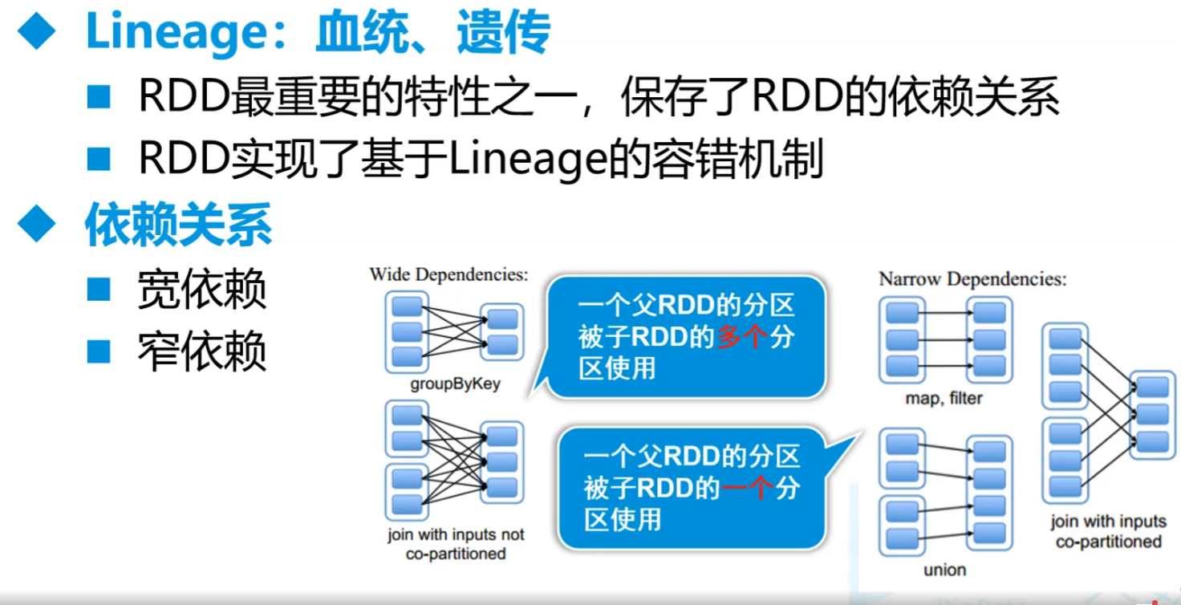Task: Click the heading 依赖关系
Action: (x=178, y=227)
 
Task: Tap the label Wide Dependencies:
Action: (x=448, y=274)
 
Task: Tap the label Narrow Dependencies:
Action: (x=972, y=279)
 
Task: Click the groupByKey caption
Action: (x=455, y=384)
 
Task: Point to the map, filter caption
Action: (x=944, y=398)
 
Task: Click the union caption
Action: (x=944, y=570)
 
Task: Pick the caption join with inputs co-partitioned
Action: (x=1109, y=531)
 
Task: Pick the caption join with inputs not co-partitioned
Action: (x=456, y=544)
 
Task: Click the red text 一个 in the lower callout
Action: (x=748, y=488)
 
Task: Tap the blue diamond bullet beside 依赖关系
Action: (x=37, y=225)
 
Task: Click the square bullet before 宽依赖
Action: (x=99, y=290)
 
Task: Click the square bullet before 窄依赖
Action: (x=99, y=351)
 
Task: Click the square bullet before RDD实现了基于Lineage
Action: (x=99, y=160)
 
